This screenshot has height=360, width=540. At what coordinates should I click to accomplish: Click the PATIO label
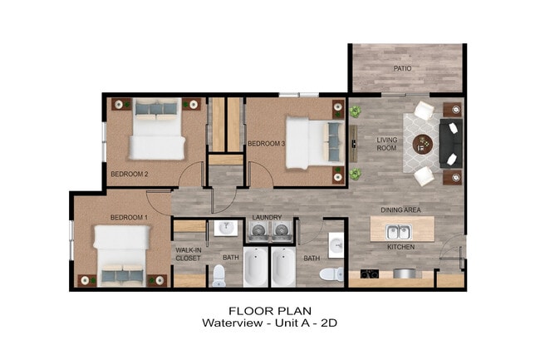tap(402, 68)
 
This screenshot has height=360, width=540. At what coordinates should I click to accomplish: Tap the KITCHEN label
tap(400, 247)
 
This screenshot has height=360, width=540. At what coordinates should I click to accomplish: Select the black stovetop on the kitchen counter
tap(370, 274)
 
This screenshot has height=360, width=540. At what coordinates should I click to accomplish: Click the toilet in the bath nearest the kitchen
tap(334, 274)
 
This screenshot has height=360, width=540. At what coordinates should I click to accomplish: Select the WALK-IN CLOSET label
tap(189, 254)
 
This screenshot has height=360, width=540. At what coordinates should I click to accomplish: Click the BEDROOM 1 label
tap(129, 218)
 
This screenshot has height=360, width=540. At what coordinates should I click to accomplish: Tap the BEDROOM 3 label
tap(267, 144)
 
